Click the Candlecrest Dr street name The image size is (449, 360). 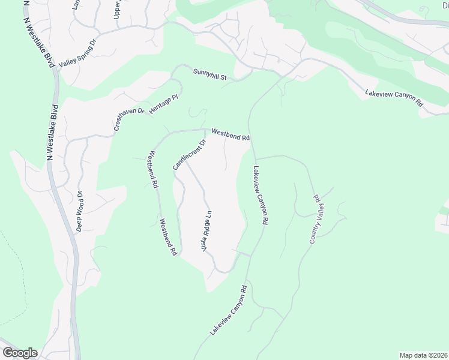click(x=189, y=154)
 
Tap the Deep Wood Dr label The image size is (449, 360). click(x=79, y=211)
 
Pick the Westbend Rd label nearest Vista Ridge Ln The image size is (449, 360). click(x=168, y=238)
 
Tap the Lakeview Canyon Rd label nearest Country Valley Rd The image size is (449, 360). click(x=260, y=195)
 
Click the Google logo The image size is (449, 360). click(x=20, y=353)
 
